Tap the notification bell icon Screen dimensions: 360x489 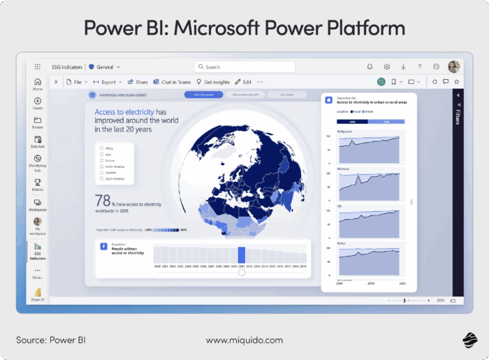(x=370, y=67)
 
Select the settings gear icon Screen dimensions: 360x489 (x=386, y=67)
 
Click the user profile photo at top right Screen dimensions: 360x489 (x=453, y=67)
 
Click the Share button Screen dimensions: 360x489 (x=138, y=82)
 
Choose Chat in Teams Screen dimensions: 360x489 (x=172, y=82)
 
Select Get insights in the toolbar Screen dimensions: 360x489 (x=213, y=82)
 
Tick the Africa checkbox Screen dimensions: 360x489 (x=102, y=148)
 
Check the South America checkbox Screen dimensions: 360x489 (x=102, y=179)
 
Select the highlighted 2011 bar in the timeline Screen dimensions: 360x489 (x=242, y=254)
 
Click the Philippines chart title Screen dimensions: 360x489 (x=344, y=131)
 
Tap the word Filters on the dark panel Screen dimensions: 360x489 (x=458, y=116)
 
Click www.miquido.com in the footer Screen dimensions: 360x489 (x=245, y=340)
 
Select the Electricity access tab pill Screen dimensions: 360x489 (x=199, y=94)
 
